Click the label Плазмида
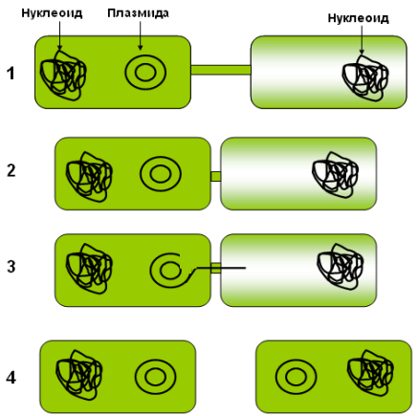point(138,13)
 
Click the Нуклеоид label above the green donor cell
point(52,13)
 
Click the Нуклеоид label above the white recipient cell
point(359,18)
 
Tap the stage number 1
point(11,74)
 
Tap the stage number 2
point(11,171)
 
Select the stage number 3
point(11,267)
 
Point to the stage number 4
point(11,378)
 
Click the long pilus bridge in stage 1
point(221,70)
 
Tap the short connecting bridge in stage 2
point(215,176)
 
